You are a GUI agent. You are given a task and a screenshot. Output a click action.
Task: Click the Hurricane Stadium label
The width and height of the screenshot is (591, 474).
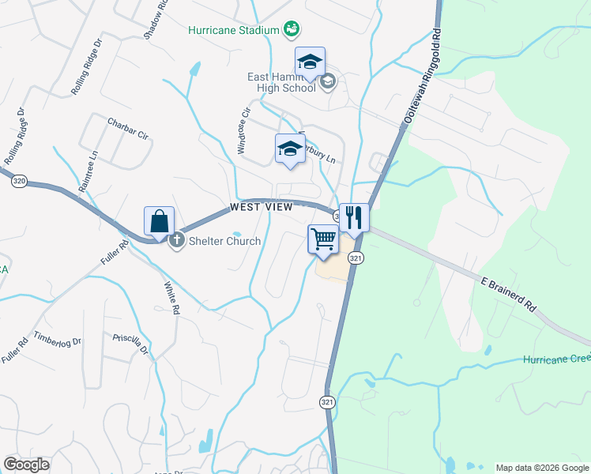(234, 30)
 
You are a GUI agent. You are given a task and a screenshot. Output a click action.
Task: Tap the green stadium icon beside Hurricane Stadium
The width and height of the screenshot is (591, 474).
(291, 30)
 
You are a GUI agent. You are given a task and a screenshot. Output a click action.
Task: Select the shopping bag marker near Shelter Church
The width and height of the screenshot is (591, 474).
(159, 222)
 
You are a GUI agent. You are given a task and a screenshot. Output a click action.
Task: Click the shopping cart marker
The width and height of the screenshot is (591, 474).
(323, 239)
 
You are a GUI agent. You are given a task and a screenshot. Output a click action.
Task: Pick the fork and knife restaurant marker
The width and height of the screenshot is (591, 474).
(354, 217)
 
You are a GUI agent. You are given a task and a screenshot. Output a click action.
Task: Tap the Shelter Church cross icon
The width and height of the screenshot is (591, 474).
(177, 240)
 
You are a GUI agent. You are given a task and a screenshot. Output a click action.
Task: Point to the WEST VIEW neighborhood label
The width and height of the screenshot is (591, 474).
(262, 207)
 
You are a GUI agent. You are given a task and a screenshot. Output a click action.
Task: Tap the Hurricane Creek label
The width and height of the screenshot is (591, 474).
(556, 359)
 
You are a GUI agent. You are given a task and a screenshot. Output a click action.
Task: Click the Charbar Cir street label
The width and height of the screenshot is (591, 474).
(127, 130)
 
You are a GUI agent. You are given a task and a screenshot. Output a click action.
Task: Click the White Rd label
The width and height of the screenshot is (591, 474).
(171, 298)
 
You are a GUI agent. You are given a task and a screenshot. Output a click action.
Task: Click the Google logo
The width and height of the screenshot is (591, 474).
(26, 465)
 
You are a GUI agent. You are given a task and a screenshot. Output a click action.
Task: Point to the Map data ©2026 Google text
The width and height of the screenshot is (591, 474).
(541, 468)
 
